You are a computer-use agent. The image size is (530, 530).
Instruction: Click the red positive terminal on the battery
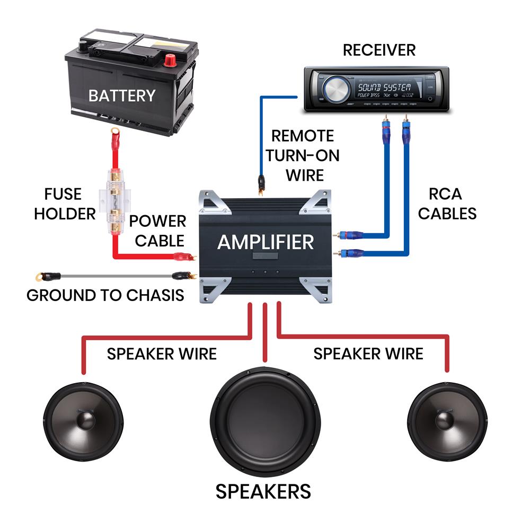pyautogui.click(x=171, y=59)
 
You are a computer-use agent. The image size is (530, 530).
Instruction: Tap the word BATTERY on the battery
pyautogui.click(x=122, y=96)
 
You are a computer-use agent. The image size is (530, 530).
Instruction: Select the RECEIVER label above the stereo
pyautogui.click(x=379, y=50)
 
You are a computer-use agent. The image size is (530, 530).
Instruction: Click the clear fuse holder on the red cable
pyautogui.click(x=114, y=199)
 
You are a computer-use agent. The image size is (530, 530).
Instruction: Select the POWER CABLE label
pyautogui.click(x=159, y=231)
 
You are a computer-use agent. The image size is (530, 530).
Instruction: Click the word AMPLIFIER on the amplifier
pyautogui.click(x=266, y=243)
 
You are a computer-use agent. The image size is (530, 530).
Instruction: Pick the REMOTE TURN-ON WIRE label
pyautogui.click(x=303, y=155)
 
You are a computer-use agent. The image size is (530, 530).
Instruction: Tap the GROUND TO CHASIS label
pyautogui.click(x=105, y=295)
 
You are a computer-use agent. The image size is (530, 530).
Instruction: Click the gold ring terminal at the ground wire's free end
pyautogui.click(x=39, y=276)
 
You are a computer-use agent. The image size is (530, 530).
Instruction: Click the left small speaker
pyautogui.click(x=83, y=421)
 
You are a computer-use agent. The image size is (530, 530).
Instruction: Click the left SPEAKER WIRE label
pyautogui.click(x=162, y=354)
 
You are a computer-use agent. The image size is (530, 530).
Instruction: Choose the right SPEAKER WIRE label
pyautogui.click(x=368, y=354)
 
